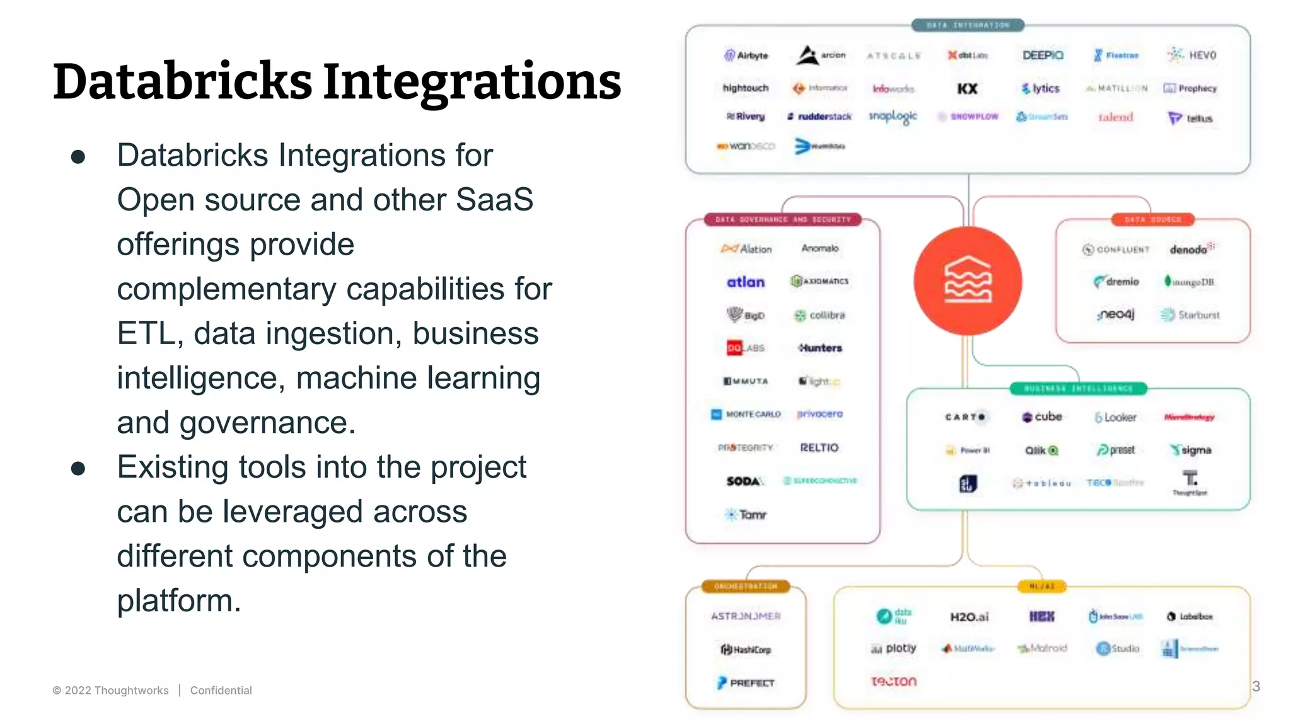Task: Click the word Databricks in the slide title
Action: click(x=183, y=82)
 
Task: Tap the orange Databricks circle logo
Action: click(x=968, y=281)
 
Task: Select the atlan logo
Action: click(x=746, y=282)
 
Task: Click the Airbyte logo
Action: click(x=746, y=55)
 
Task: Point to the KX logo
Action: click(x=967, y=89)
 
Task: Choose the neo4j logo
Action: click(x=1115, y=314)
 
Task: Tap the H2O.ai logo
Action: click(x=969, y=617)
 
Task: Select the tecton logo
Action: click(x=894, y=681)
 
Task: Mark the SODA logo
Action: click(x=744, y=481)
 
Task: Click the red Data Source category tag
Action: click(x=1152, y=219)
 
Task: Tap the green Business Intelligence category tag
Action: click(x=1078, y=388)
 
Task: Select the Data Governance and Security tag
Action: click(x=783, y=219)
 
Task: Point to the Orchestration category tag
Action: click(x=746, y=587)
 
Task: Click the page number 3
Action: click(x=1256, y=686)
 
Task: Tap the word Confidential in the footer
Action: click(x=221, y=691)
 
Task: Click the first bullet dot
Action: click(x=78, y=156)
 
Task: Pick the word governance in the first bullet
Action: click(x=267, y=423)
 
